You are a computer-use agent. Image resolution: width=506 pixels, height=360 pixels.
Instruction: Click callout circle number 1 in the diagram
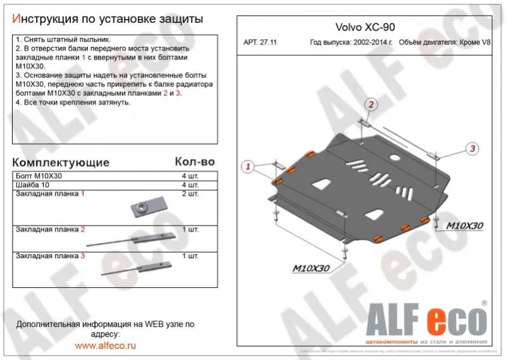tap(249, 167)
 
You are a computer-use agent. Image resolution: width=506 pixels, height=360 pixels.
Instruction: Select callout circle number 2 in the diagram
tap(371, 105)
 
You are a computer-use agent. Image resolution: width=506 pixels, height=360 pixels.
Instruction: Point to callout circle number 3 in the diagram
tap(471, 149)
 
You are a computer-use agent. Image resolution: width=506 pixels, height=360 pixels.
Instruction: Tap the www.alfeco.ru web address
tap(105, 346)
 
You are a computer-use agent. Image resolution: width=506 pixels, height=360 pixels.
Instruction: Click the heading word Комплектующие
tap(61, 162)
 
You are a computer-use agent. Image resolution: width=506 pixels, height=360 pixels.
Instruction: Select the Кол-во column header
tap(194, 162)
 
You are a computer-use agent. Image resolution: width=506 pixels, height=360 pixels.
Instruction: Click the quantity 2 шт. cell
tap(190, 193)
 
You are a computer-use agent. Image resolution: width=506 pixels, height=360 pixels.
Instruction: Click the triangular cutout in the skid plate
tap(319, 185)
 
